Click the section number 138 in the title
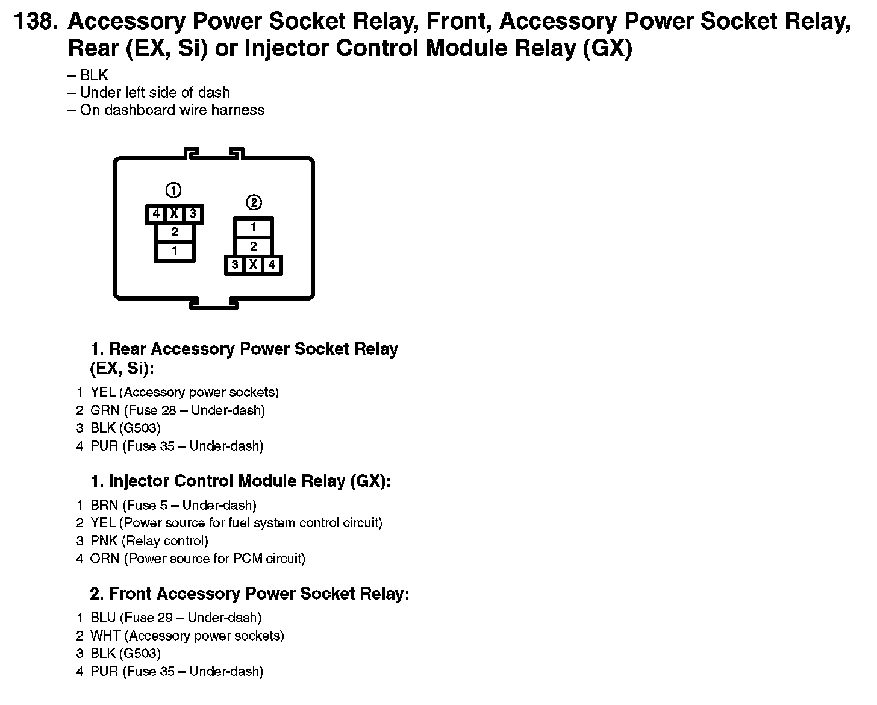[35, 22]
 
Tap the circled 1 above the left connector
[173, 190]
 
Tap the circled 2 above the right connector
[254, 202]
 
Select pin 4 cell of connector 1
[156, 214]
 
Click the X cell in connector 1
[174, 214]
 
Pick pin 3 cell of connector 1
[193, 214]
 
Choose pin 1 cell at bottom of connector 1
[175, 251]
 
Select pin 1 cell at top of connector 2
[253, 228]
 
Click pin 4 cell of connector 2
[272, 265]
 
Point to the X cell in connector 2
[254, 265]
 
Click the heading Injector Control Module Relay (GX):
[240, 481]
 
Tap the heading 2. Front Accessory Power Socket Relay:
[249, 594]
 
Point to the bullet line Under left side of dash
[154, 93]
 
